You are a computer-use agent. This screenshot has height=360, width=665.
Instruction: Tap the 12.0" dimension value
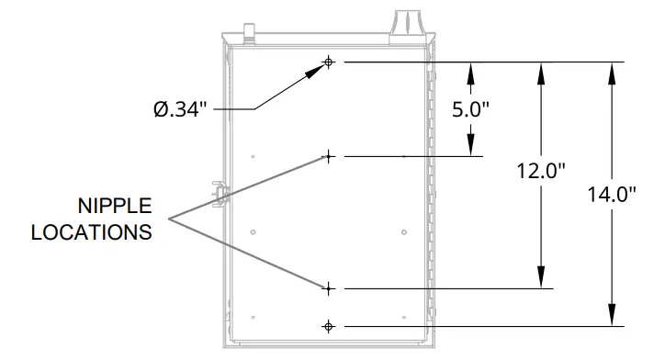point(540,170)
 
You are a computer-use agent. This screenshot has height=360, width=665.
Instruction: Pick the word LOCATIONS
point(91,231)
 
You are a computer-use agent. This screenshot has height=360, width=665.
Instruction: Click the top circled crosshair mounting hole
point(328,62)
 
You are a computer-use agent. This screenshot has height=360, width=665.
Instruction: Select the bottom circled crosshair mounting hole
point(328,326)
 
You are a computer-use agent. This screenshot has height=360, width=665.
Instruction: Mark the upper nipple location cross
point(327,157)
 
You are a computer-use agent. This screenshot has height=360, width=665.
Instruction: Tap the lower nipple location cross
point(327,288)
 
